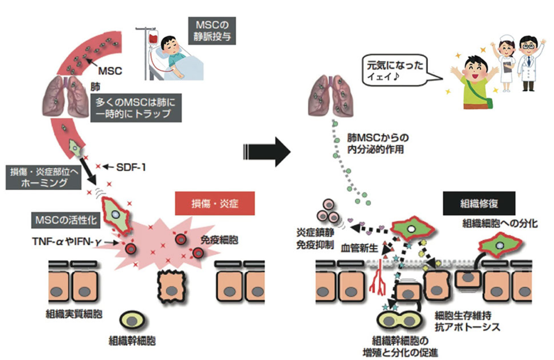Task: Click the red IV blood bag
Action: pos(154,38)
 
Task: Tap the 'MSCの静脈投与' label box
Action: pos(212,31)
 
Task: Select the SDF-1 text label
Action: pos(131,168)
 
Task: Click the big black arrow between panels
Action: pos(267,152)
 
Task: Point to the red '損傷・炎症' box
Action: pos(215,203)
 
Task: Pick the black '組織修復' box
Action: pos(479,203)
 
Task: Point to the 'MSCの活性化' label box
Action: pos(66,220)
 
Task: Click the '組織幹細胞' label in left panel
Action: pos(132,341)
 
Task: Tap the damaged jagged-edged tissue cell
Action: pos(172,286)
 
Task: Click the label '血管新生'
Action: pos(359,248)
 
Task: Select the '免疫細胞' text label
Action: pos(219,240)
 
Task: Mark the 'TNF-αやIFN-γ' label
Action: pos(67,242)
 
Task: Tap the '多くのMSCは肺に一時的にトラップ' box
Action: pos(136,108)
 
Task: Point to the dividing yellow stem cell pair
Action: pos(399,321)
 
